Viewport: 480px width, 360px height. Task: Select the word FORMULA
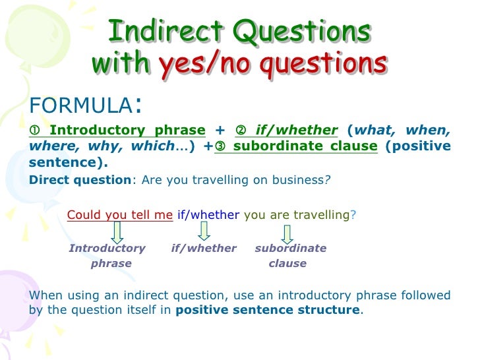(81, 105)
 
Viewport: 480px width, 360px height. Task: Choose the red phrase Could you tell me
(120, 214)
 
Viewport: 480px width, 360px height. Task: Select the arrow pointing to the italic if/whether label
(204, 231)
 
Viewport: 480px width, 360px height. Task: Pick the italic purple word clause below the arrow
(287, 263)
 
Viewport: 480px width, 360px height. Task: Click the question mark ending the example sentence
(353, 214)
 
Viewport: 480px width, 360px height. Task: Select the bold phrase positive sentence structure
(268, 310)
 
